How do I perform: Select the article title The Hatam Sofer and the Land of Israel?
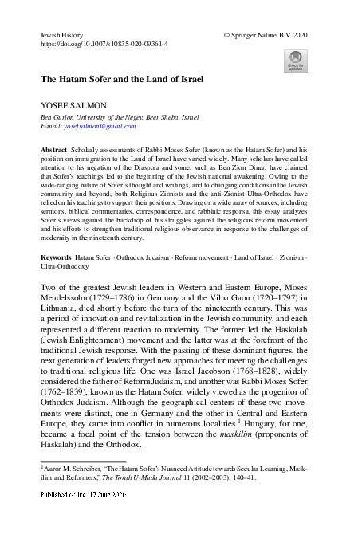coord(122,80)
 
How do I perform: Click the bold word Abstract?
coord(54,149)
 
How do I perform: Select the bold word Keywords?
coord(57,236)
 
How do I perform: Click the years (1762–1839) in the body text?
coord(67,369)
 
